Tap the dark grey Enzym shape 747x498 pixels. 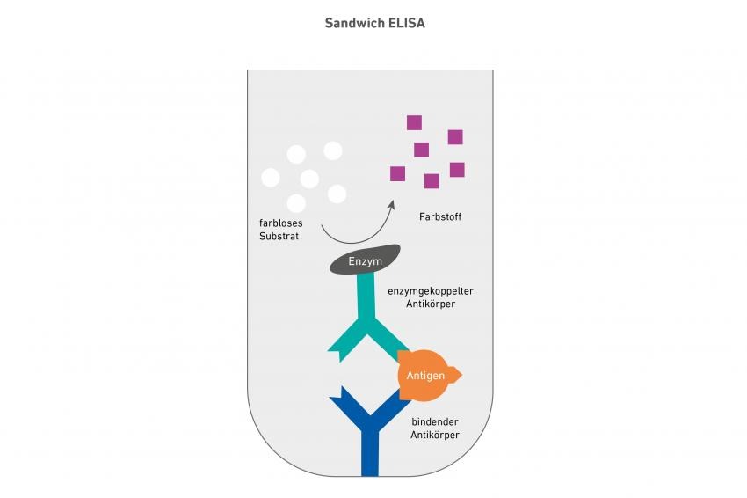(365, 260)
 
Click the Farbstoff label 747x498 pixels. (440, 216)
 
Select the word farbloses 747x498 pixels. (280, 223)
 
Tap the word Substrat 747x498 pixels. (279, 236)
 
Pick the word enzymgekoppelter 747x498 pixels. (431, 291)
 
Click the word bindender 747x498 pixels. (435, 421)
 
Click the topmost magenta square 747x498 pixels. (415, 122)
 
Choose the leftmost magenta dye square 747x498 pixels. (398, 173)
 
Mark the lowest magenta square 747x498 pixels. (432, 181)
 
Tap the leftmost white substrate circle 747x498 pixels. (271, 178)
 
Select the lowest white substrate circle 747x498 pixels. (296, 203)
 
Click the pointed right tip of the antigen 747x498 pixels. (461, 376)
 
